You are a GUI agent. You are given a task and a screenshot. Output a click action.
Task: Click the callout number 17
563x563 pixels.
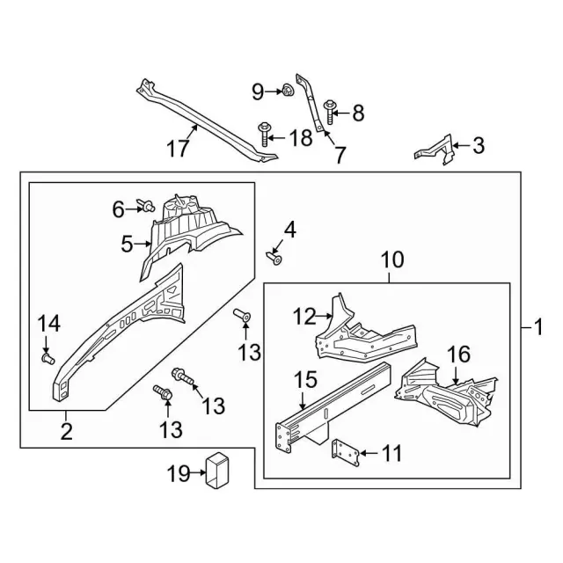(179, 149)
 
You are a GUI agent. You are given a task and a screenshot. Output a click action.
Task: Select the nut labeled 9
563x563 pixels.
(286, 90)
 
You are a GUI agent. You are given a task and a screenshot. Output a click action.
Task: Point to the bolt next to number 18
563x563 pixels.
(264, 135)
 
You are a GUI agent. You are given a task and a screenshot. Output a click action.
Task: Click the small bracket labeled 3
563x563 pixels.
(436, 149)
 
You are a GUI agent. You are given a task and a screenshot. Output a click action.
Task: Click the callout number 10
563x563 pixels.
(391, 260)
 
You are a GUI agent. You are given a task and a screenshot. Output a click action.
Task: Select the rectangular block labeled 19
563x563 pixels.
(216, 470)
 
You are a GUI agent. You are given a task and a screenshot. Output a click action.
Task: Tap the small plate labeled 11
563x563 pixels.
(345, 454)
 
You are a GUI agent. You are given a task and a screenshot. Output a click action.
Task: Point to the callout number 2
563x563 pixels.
(66, 431)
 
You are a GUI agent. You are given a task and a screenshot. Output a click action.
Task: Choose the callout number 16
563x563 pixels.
(458, 355)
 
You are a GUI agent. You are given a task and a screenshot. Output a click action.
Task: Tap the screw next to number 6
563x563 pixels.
(147, 207)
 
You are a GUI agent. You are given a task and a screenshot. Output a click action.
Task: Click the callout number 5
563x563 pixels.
(126, 243)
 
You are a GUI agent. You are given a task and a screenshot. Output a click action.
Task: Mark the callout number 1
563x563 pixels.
(538, 328)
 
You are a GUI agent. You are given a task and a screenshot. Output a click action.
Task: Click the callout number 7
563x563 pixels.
(339, 155)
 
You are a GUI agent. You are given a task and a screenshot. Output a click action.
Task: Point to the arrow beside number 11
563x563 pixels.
(368, 454)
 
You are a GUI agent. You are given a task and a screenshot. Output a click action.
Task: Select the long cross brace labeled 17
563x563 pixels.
(207, 123)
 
